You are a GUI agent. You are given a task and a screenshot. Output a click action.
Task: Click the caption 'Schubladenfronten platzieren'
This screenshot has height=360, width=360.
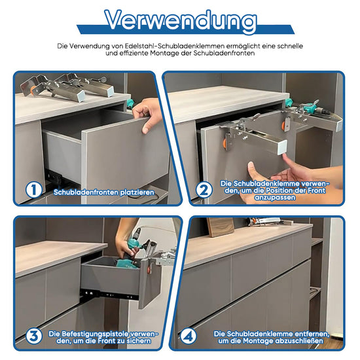click(104, 192)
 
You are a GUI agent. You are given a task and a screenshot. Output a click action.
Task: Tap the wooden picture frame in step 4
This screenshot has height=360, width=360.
click(221, 226)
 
